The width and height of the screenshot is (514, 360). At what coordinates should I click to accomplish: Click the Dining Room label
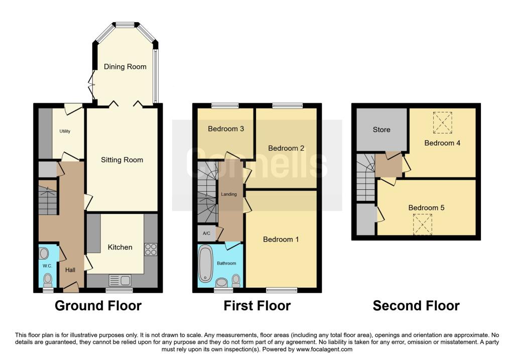pyautogui.click(x=125, y=66)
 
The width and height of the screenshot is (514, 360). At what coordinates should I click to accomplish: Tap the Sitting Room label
pyautogui.click(x=122, y=160)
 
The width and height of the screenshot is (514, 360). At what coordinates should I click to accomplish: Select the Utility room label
pyautogui.click(x=65, y=131)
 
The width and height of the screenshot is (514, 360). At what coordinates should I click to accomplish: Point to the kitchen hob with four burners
pyautogui.click(x=151, y=250)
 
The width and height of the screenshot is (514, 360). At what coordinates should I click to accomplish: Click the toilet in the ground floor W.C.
pyautogui.click(x=48, y=278)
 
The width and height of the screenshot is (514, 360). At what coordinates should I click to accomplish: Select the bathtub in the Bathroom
pyautogui.click(x=206, y=264)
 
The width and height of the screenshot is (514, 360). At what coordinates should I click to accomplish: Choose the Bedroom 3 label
pyautogui.click(x=226, y=129)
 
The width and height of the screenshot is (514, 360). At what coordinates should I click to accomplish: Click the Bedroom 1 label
pyautogui.click(x=281, y=239)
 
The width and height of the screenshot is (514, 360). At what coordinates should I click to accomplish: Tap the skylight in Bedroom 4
pyautogui.click(x=442, y=123)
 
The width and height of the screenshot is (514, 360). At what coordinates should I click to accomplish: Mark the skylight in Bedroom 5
pyautogui.click(x=422, y=224)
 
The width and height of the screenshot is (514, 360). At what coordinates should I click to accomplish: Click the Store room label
pyautogui.click(x=381, y=130)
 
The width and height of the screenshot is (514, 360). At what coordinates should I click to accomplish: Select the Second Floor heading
pyautogui.click(x=416, y=305)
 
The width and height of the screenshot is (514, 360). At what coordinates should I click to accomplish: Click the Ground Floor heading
pyautogui.click(x=98, y=305)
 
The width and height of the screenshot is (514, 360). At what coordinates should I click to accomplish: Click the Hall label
pyautogui.click(x=70, y=270)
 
